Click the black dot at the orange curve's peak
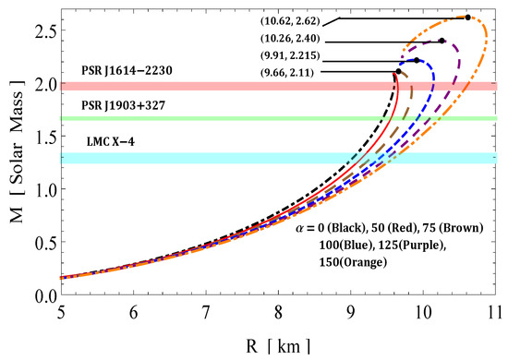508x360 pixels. tap(467, 18)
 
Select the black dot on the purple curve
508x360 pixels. tap(441, 41)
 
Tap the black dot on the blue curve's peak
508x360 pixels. tap(417, 60)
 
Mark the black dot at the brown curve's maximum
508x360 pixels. tap(398, 71)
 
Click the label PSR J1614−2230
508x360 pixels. tap(127, 70)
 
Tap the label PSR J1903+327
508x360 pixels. tap(123, 105)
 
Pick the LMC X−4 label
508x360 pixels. tap(111, 141)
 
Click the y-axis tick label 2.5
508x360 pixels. tap(46, 30)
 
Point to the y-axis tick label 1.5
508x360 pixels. tap(46, 136)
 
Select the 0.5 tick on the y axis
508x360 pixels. tap(46, 242)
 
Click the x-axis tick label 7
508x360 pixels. tap(205, 313)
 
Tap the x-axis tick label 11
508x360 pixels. tap(494, 313)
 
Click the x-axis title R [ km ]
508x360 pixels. tap(278, 347)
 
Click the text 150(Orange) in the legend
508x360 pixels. tap(353, 262)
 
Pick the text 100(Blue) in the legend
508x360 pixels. tap(345, 245)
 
